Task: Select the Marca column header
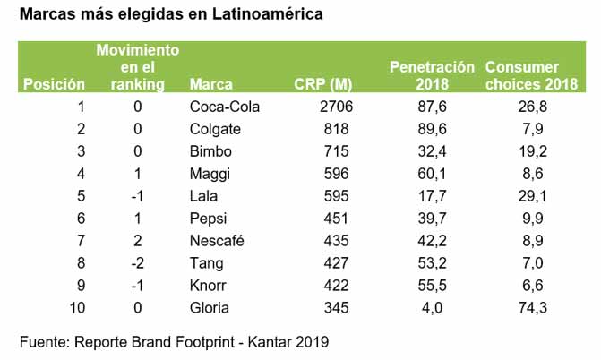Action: (x=211, y=85)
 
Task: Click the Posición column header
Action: (x=54, y=85)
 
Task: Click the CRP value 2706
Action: (x=333, y=107)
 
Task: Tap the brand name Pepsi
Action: (x=209, y=219)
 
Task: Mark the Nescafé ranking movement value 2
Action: (x=138, y=241)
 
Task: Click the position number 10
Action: (x=77, y=308)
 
